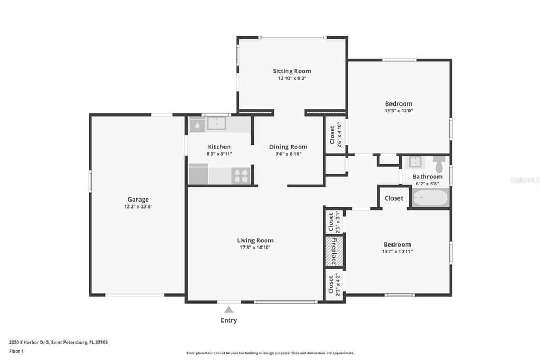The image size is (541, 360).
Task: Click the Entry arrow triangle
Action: click(x=229, y=310)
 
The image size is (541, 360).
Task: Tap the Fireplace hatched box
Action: click(x=334, y=251)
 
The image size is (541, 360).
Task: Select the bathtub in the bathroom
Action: click(x=430, y=198)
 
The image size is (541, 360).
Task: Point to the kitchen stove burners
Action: click(x=241, y=176)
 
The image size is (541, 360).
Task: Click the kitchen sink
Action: click(x=216, y=124)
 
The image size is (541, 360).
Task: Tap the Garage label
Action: click(x=138, y=200)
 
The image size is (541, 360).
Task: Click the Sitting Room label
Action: click(x=292, y=71)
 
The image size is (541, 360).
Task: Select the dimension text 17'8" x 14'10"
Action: click(x=255, y=247)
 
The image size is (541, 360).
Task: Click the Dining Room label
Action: click(x=288, y=147)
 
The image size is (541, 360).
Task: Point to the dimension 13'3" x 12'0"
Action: click(x=398, y=111)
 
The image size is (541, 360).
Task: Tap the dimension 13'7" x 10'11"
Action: click(x=397, y=251)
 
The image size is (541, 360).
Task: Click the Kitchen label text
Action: click(x=219, y=147)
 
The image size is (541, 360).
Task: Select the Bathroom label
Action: click(x=427, y=177)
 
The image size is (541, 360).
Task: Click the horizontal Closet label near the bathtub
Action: click(x=394, y=198)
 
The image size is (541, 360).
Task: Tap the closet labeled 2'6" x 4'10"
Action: click(x=335, y=136)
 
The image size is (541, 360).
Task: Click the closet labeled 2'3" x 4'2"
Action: click(x=334, y=285)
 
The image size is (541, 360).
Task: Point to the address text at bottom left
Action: click(x=59, y=342)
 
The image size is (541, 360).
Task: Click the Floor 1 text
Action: click(x=16, y=351)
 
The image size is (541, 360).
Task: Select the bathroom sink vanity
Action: click(x=415, y=162)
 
